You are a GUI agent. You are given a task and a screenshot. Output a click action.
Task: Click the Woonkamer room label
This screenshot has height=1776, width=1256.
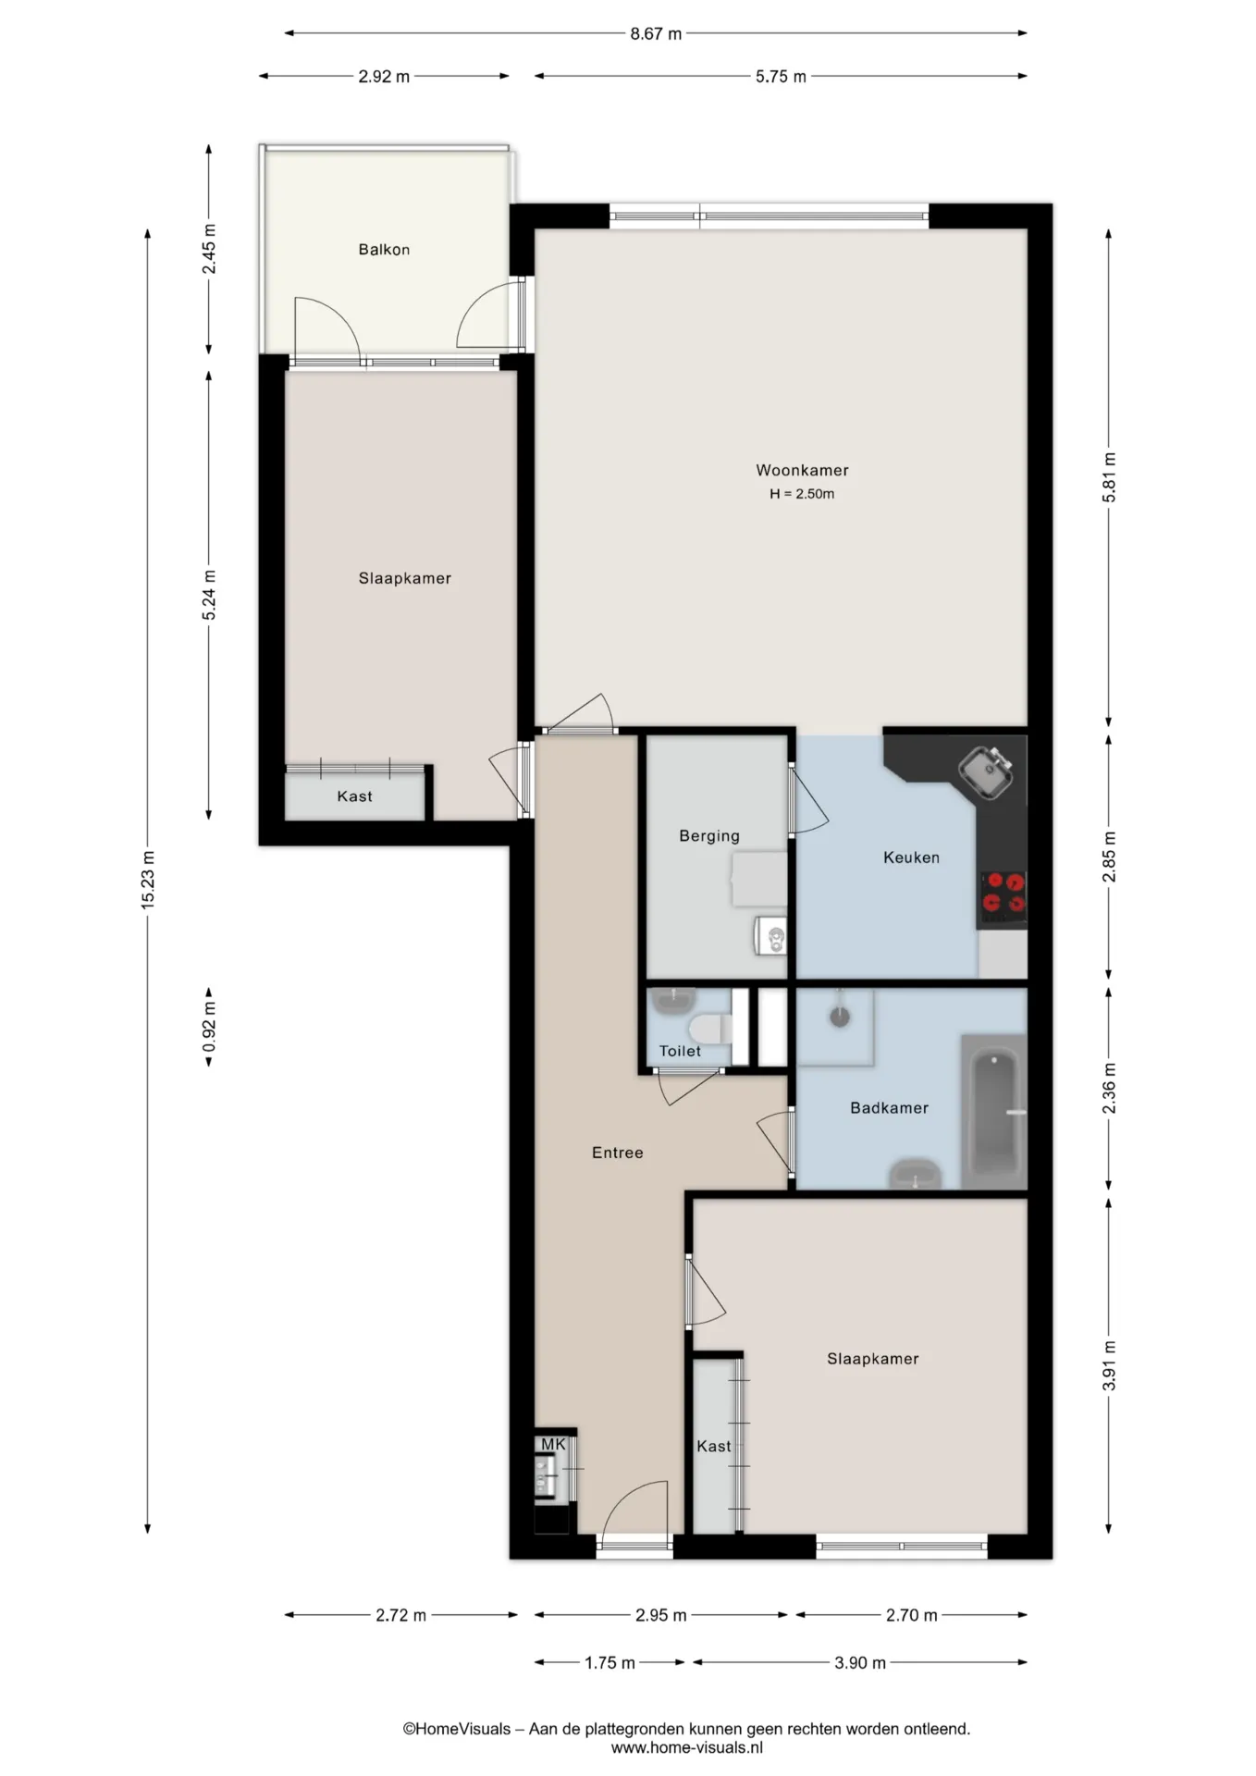802,470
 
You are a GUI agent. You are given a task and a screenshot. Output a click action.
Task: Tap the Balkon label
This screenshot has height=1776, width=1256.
384,249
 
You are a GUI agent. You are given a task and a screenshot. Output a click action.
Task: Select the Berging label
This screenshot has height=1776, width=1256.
709,836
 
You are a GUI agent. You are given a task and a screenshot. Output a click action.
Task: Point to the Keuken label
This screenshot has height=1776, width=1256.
911,857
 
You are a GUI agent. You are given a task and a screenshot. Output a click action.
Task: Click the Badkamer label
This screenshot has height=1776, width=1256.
889,1107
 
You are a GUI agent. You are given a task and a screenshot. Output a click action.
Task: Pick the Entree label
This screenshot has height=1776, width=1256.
617,1153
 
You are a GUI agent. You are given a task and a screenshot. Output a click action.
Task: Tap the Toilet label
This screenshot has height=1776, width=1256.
680,1051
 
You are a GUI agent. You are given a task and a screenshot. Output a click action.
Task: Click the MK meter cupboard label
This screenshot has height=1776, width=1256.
553,1444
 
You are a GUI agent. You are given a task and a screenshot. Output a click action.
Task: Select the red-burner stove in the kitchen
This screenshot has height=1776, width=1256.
1004,895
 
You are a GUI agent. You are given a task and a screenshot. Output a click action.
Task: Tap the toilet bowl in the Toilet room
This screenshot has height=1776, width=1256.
710,1029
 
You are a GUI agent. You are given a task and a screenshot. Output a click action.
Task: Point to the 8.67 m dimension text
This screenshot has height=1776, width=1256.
656,34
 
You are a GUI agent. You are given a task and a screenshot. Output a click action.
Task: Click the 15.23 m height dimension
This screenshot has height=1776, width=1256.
148,880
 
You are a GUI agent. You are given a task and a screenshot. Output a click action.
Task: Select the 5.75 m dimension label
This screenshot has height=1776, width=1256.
781,77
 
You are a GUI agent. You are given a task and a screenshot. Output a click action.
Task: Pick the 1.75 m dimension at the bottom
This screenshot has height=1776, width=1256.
610,1663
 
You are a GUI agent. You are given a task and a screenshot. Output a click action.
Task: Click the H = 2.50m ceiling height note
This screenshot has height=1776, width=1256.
802,494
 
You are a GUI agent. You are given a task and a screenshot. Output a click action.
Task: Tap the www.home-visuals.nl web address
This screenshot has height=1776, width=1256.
686,1747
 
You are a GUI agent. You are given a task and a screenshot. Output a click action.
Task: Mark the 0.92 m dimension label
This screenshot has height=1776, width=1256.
209,1027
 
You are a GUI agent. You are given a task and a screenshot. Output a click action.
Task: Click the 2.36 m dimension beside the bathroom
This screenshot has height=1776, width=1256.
1110,1089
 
